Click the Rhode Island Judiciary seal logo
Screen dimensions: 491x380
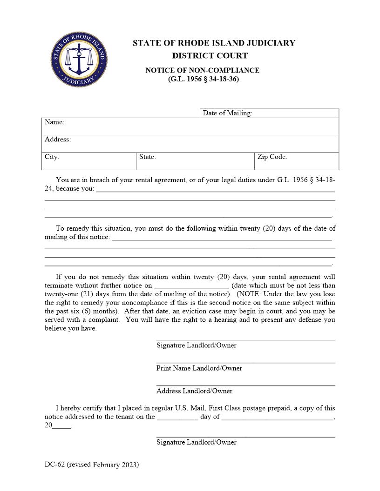click(79, 60)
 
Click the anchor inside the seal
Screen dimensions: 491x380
click(79, 60)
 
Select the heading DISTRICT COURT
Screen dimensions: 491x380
click(210, 56)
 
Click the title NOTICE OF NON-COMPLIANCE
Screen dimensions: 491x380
click(202, 70)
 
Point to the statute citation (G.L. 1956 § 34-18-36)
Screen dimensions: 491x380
click(204, 79)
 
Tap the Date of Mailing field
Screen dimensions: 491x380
click(295, 113)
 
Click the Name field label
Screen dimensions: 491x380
click(54, 122)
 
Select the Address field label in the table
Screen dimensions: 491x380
click(58, 139)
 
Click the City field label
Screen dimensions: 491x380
click(52, 157)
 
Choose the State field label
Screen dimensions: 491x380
click(147, 157)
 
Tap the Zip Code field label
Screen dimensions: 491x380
click(272, 157)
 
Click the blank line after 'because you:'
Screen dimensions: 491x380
click(215, 189)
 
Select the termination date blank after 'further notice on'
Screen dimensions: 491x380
click(191, 286)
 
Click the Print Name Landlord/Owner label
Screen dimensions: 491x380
click(199, 368)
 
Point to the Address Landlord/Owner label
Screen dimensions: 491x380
click(194, 391)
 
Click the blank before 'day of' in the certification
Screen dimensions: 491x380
click(177, 417)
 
